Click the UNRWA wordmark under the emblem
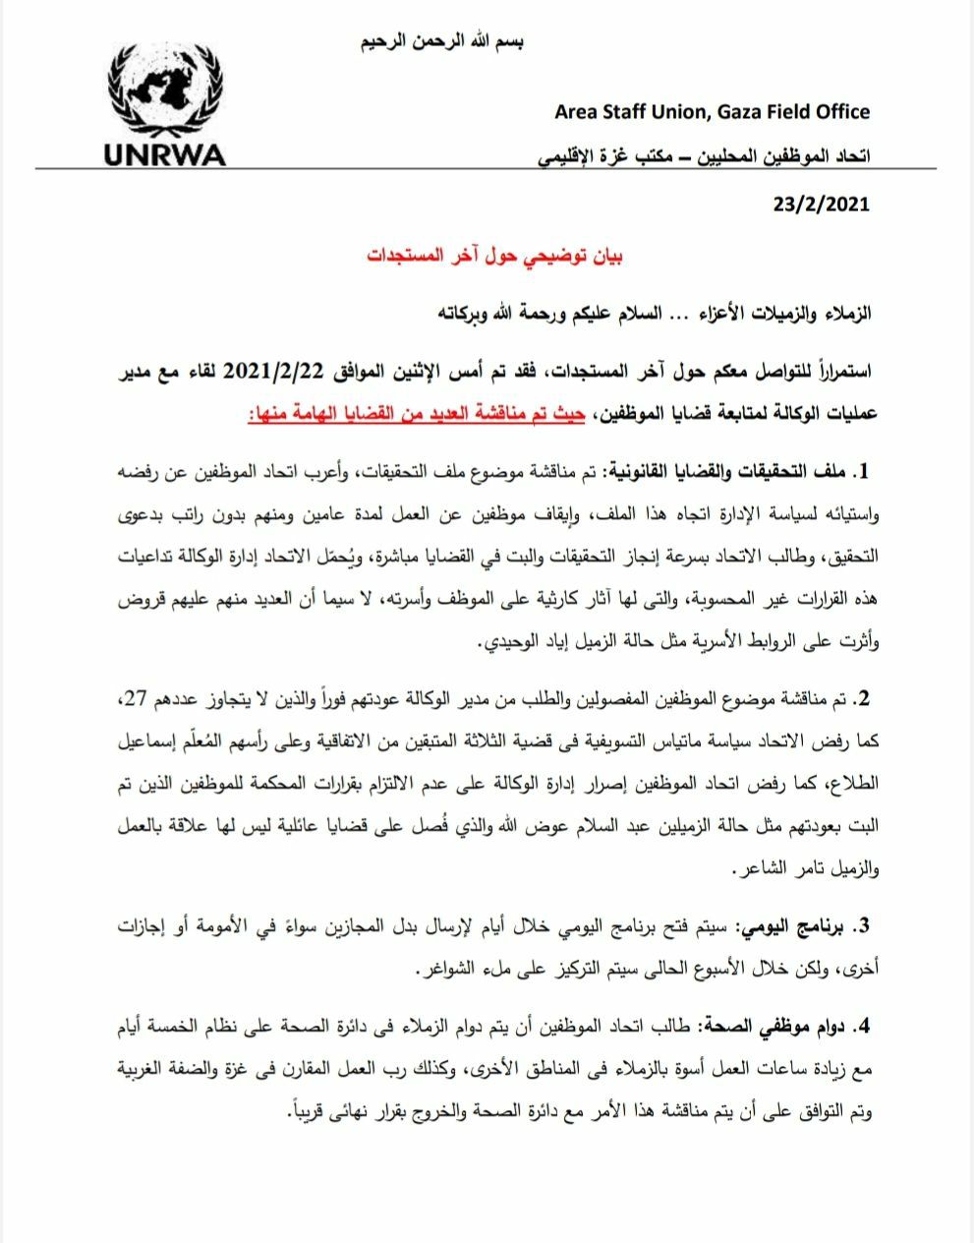click(163, 155)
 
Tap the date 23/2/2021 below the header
click(822, 204)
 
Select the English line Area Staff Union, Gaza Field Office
click(712, 111)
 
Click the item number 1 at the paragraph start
click(864, 474)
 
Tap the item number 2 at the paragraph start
click(864, 699)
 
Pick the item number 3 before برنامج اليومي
click(864, 926)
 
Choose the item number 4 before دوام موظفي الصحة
click(864, 1027)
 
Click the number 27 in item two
click(127, 699)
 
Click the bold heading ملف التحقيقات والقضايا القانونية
click(727, 474)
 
